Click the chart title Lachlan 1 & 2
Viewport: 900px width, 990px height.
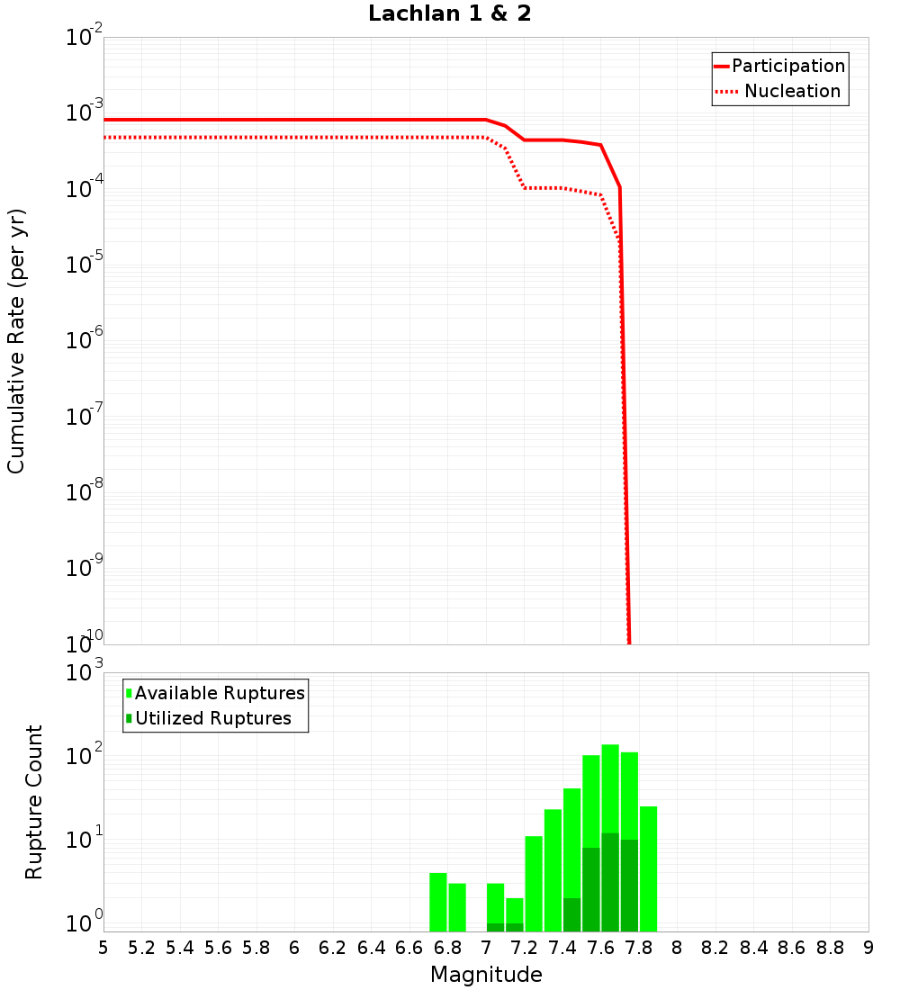(449, 14)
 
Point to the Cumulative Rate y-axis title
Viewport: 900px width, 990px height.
(16, 340)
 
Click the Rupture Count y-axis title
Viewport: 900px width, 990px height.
(34, 802)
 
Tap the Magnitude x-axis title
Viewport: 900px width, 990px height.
(486, 975)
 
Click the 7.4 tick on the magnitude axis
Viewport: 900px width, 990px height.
(562, 948)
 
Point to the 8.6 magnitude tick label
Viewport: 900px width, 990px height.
(792, 948)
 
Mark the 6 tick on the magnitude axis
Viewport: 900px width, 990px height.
(294, 948)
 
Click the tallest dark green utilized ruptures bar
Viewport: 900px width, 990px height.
(610, 882)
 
